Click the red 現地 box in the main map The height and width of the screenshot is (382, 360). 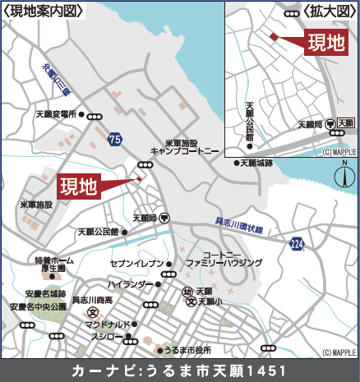pyautogui.click(x=79, y=187)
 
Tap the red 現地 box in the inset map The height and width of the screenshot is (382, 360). pyautogui.click(x=326, y=43)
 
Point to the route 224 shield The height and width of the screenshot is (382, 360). pyautogui.click(x=296, y=243)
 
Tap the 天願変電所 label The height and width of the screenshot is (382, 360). pyautogui.click(x=60, y=115)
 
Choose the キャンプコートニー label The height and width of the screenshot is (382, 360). pyautogui.click(x=185, y=151)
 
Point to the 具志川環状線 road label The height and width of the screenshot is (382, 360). pyautogui.click(x=238, y=225)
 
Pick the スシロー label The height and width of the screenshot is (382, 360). pyautogui.click(x=107, y=337)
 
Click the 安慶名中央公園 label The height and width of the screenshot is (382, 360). pyautogui.click(x=38, y=306)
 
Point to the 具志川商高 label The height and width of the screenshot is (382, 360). pyautogui.click(x=93, y=301)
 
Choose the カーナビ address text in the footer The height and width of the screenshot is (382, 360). pyautogui.click(x=180, y=370)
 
